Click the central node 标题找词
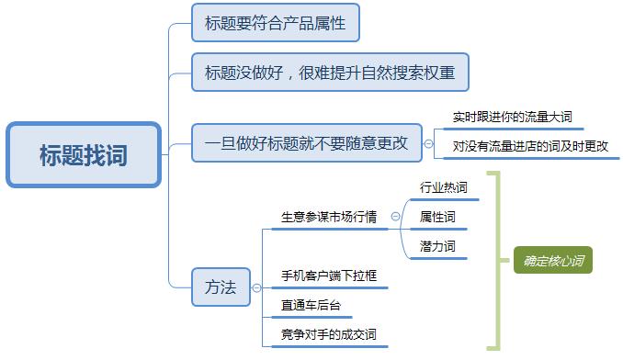point(83,154)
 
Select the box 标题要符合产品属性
point(275,23)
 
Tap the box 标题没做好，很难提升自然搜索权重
point(330,72)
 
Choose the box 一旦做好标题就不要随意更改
point(306,143)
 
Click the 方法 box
point(221,287)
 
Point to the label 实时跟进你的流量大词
point(518,118)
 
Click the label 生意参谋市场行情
point(328,217)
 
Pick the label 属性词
point(437,217)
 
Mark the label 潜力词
point(437,246)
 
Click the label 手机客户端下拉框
point(328,276)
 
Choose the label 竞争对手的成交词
point(328,334)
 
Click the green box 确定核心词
point(552,261)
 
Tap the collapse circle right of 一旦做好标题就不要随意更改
point(428,143)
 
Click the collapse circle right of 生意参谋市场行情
point(395,217)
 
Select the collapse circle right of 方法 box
point(257,287)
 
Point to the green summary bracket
point(495,261)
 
